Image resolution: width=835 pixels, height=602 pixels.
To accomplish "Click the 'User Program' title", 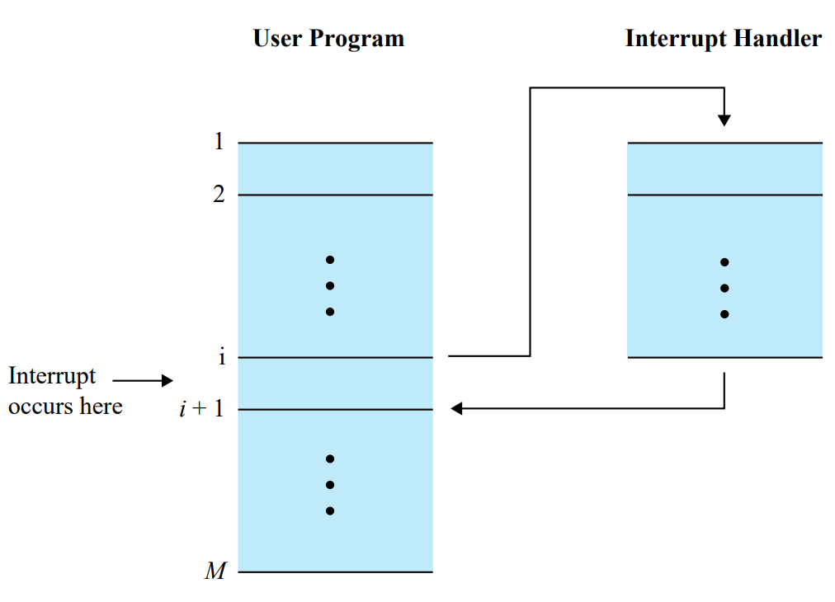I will [x=328, y=39].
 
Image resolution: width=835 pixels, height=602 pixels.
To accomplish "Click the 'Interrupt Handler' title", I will [x=723, y=39].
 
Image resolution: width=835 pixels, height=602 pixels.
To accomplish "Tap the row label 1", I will [x=219, y=142].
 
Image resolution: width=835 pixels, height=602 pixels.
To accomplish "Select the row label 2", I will [x=219, y=195].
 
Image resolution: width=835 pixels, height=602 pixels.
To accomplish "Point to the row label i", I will [x=221, y=357].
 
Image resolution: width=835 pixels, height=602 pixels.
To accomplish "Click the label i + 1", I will [x=202, y=409].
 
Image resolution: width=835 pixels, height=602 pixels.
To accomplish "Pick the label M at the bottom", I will [x=215, y=571].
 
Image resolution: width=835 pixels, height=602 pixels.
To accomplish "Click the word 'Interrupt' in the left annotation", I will [x=52, y=376].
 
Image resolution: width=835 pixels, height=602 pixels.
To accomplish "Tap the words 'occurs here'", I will [x=65, y=406].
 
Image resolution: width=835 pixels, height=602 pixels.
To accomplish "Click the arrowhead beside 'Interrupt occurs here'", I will [x=167, y=380].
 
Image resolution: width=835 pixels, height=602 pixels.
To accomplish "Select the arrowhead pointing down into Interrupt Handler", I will [x=724, y=120].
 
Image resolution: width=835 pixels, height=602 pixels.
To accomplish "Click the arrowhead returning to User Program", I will [x=456, y=408].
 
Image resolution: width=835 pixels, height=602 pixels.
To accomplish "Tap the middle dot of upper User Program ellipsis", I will [x=330, y=286].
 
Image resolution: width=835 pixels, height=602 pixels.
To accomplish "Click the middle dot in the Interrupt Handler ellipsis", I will [x=724, y=289].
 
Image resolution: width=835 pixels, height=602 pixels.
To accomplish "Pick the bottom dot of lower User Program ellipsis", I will [x=330, y=510].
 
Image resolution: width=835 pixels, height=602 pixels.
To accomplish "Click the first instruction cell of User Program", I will [x=335, y=169].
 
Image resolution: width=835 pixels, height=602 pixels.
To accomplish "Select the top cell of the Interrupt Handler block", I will [x=724, y=169].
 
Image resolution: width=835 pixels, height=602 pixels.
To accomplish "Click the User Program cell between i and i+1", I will [x=335, y=383].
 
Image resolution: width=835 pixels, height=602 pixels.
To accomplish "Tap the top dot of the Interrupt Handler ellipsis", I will [x=724, y=262].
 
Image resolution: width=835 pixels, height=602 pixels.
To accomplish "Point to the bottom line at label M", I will [x=335, y=571].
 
